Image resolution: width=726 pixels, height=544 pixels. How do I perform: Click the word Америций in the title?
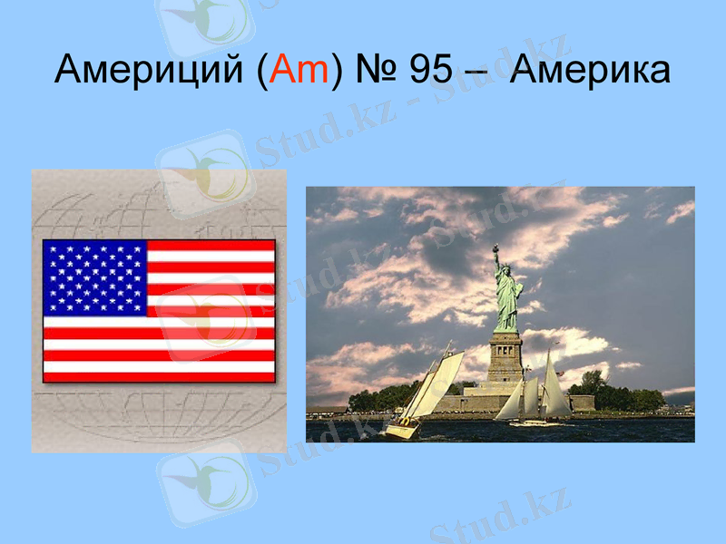[x=146, y=70]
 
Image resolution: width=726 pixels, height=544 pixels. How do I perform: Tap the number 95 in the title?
[x=432, y=70]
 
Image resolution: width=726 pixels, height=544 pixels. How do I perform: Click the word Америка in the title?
[x=591, y=70]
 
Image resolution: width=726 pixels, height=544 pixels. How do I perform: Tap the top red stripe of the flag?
[x=211, y=245]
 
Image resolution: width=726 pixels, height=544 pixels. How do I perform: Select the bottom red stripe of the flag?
[x=159, y=376]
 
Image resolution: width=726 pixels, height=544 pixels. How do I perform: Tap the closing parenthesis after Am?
[x=337, y=71]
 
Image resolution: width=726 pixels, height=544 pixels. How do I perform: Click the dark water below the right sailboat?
[x=544, y=432]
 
